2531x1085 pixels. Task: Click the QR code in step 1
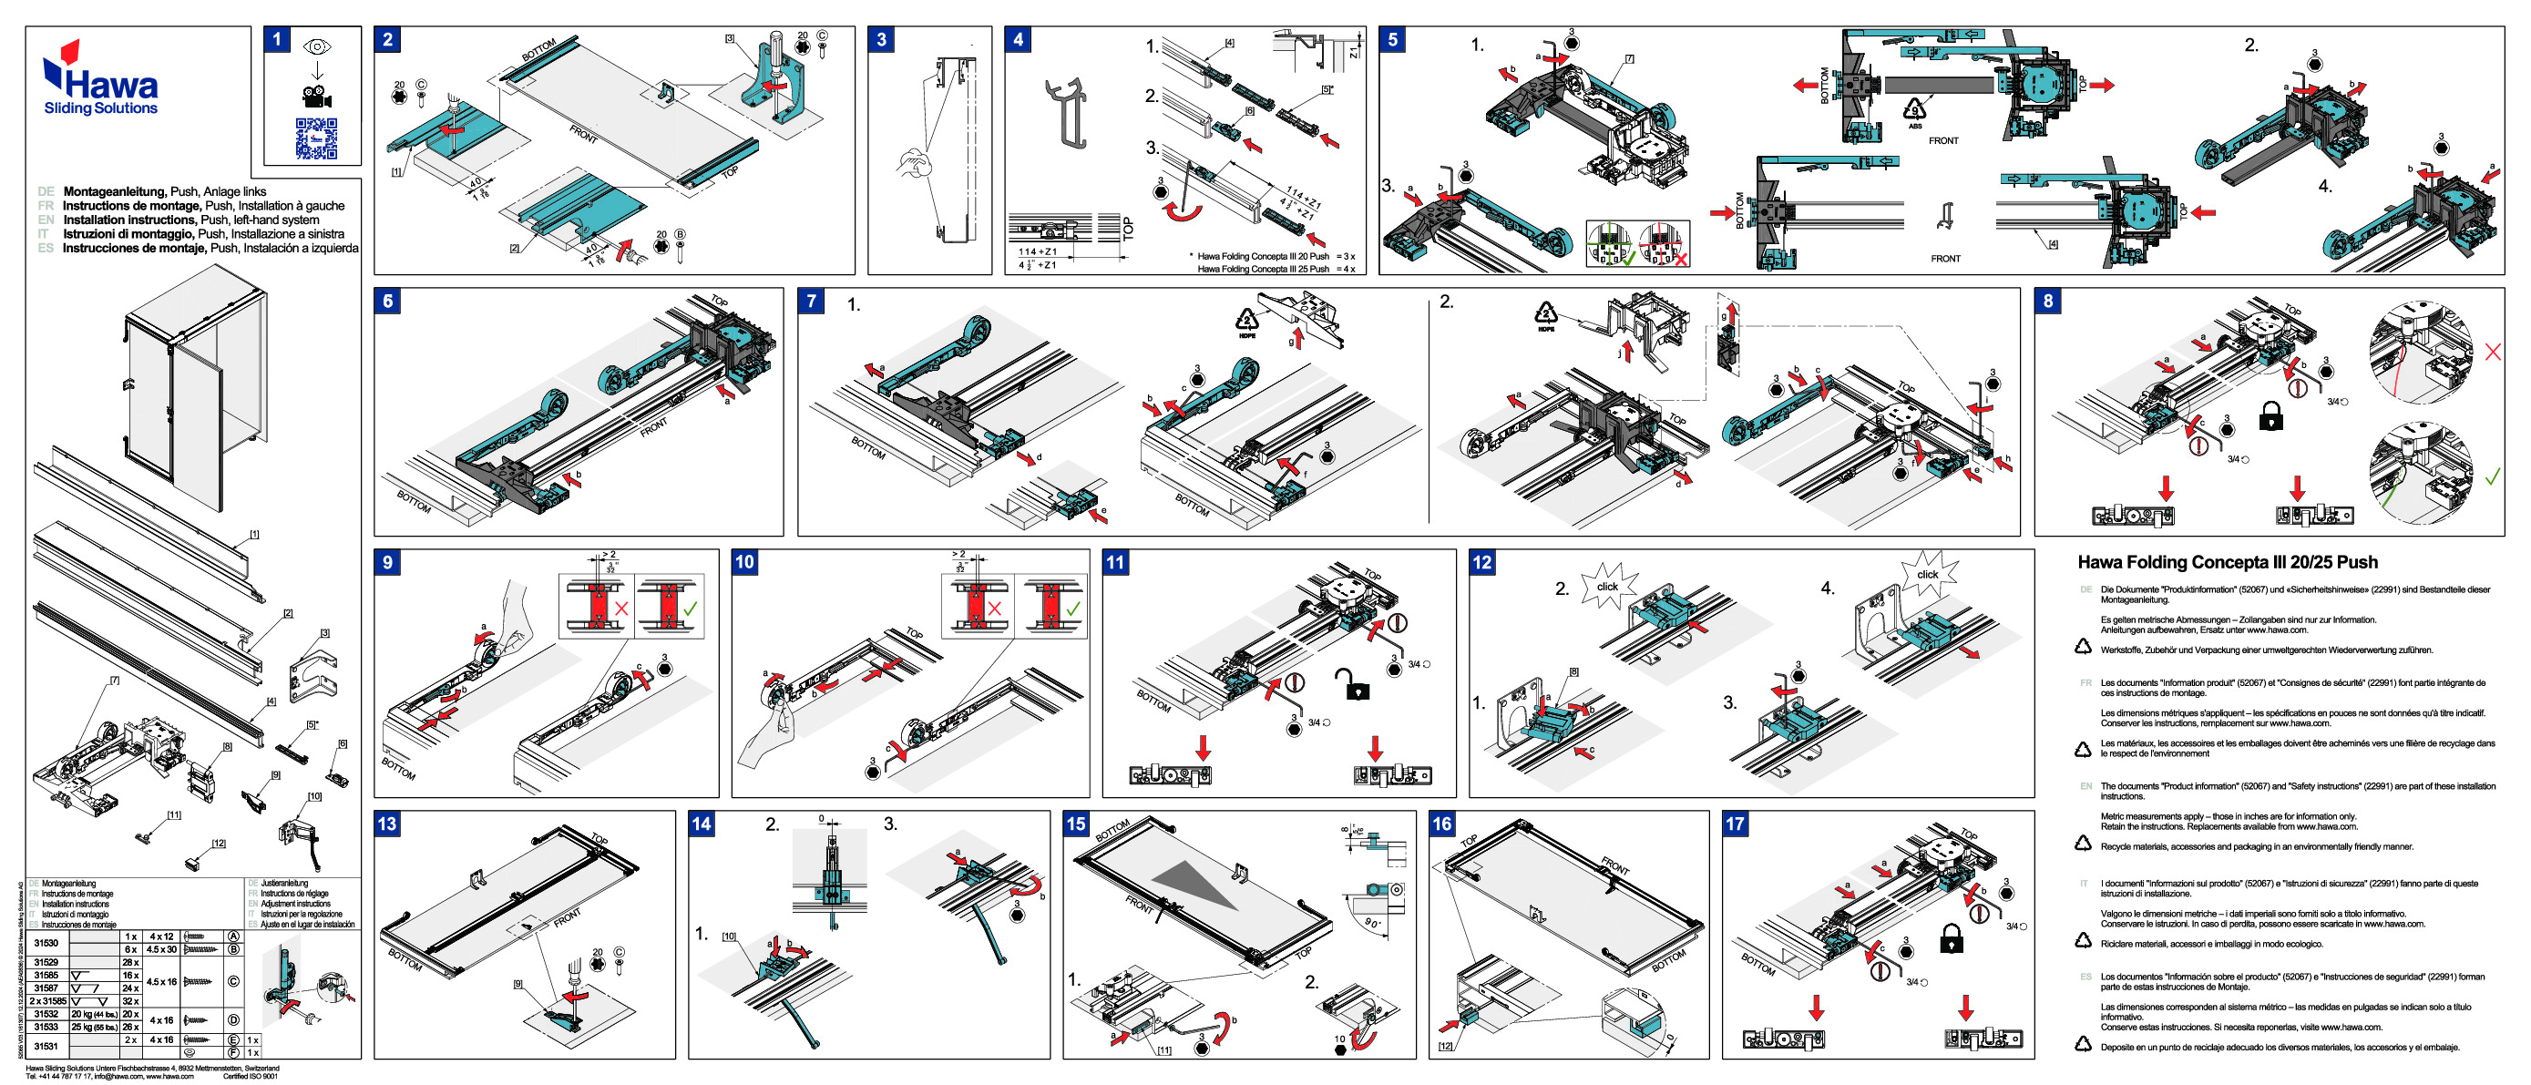pos(316,138)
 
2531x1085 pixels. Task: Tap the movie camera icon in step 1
pos(316,97)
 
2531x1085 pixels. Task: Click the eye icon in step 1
pos(316,47)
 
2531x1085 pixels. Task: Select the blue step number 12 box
pos(1481,562)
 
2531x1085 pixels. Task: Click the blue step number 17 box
pos(1735,824)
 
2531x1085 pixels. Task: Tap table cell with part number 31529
pos(46,962)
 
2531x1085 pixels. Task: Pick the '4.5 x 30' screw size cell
pos(161,949)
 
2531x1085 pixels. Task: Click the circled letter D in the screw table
pos(233,1020)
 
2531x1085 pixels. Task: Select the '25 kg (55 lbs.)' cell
pos(95,1026)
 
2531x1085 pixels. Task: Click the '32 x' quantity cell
pos(130,1000)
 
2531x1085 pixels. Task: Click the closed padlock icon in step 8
pos(2270,415)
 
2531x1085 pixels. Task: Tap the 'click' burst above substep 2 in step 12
pos(1607,587)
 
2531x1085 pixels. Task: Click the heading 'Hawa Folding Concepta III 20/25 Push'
pos(2227,562)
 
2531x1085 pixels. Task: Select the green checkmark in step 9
pos(691,609)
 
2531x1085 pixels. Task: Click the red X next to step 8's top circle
pos(2493,352)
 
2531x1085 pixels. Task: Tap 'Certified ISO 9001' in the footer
pos(250,1075)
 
